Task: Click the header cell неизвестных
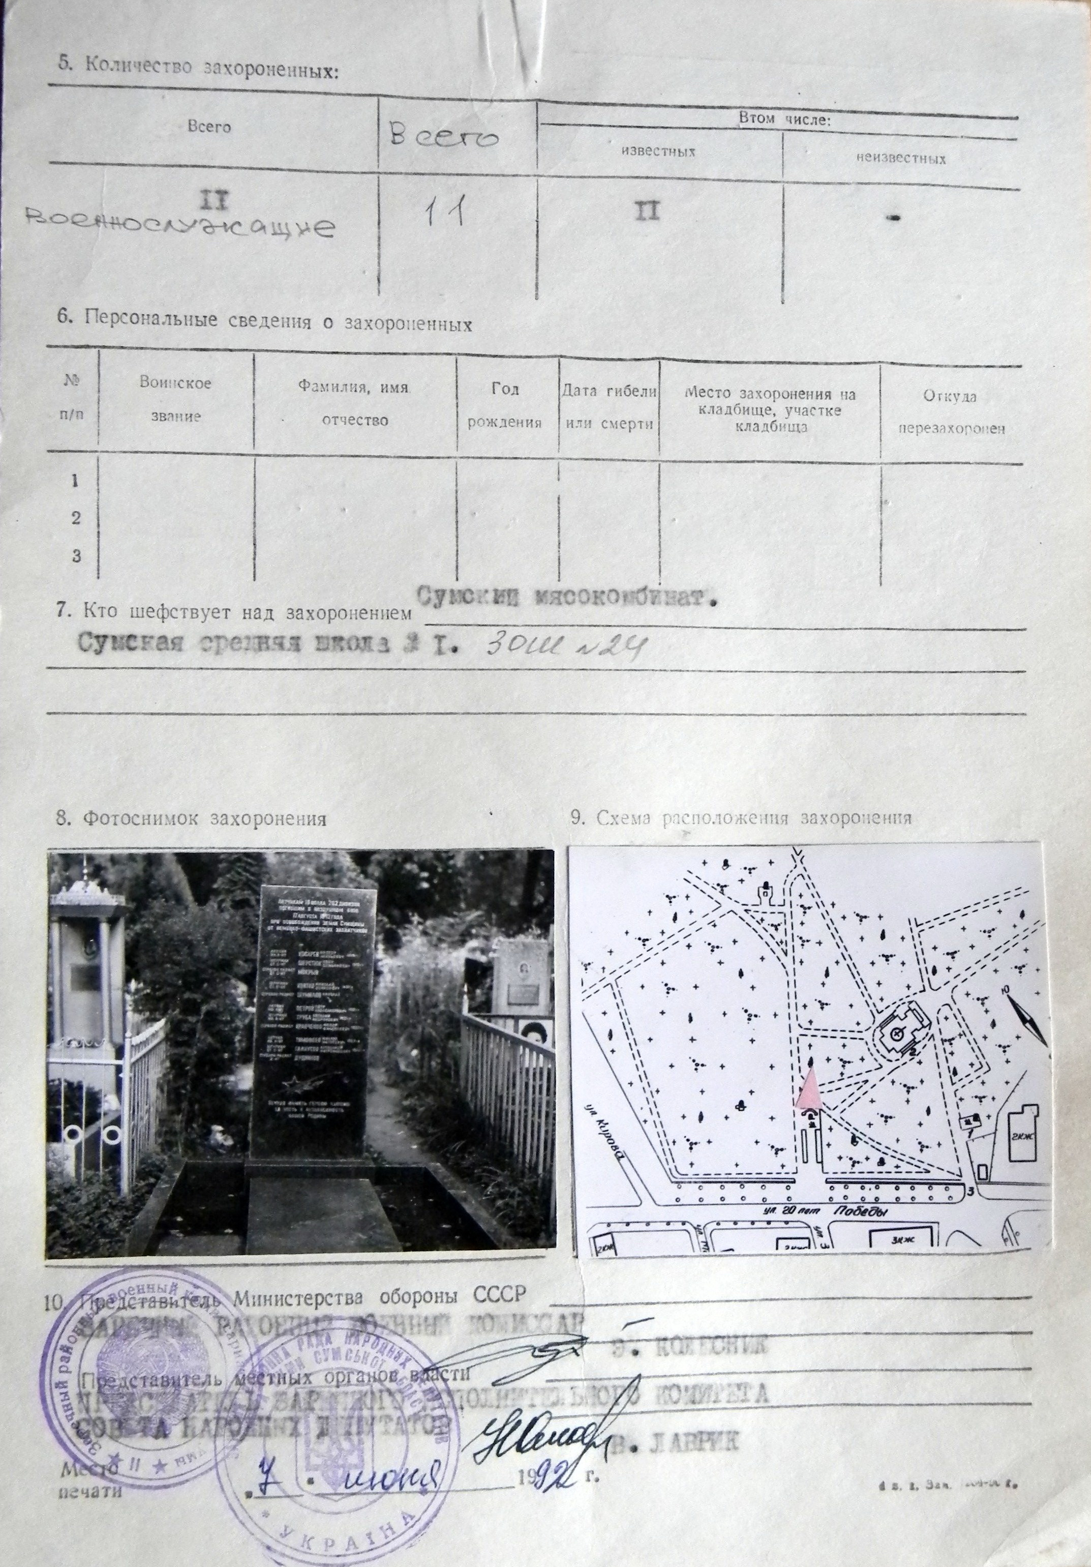901,159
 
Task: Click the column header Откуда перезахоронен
951,412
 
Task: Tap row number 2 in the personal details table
76,518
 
